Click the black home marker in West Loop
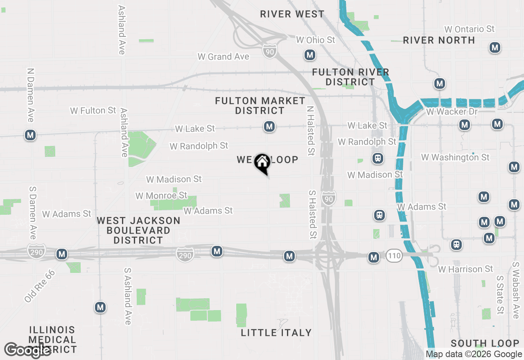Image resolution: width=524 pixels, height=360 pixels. coord(262,163)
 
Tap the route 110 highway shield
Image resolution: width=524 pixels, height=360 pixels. coord(394,256)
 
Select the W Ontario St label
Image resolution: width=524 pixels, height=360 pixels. coord(470,29)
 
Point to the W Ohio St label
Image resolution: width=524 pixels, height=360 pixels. coord(315,40)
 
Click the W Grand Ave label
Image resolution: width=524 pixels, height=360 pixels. coord(224,57)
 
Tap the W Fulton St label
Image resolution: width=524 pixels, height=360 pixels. coord(93,110)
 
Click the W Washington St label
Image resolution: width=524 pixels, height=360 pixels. coord(455,157)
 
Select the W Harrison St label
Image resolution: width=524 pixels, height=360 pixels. coord(466,269)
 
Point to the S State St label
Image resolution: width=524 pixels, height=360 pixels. coord(500,295)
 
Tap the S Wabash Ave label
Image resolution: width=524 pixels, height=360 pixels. coord(516,290)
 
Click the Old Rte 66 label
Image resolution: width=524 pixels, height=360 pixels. coord(39,286)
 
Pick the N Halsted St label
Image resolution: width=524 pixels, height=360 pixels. coord(311,131)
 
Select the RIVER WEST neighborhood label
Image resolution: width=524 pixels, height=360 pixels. coord(292,14)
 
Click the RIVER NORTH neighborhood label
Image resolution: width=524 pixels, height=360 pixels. coord(439,40)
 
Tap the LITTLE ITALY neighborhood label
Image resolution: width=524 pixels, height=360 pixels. coord(276,333)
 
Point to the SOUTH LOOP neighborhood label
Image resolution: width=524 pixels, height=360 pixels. coord(485,343)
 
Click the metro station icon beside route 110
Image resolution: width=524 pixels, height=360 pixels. coord(373,257)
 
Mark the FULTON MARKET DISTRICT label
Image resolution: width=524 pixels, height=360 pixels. coord(260,106)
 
